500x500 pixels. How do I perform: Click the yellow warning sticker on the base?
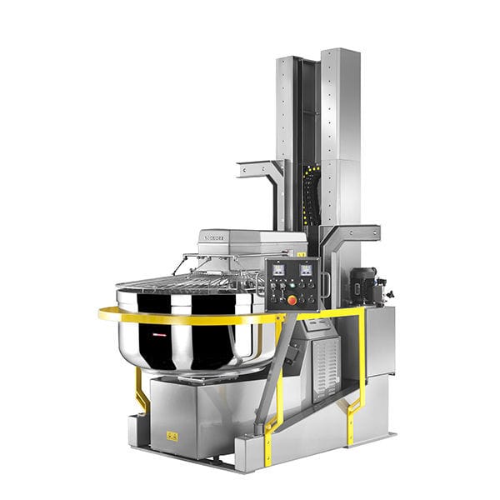172,435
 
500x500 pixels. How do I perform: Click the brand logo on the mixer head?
219,237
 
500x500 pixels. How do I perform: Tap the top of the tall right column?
342,52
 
